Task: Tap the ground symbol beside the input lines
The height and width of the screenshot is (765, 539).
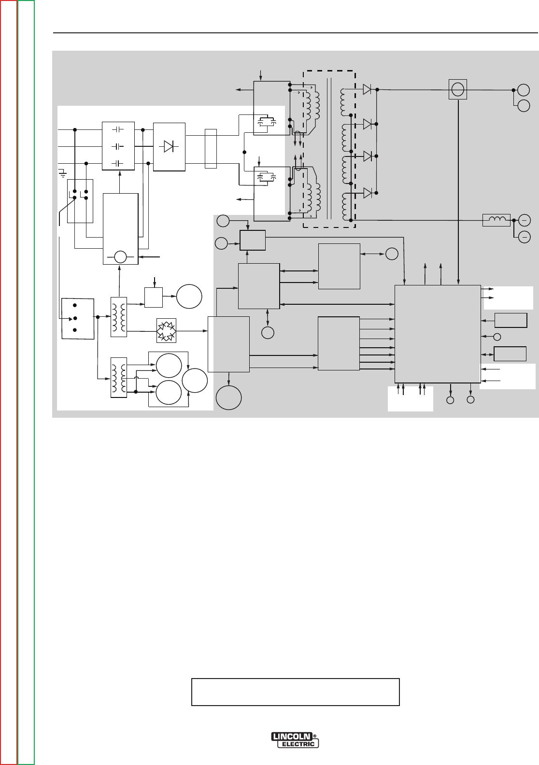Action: pos(62,171)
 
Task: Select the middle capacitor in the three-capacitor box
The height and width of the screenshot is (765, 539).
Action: pos(118,146)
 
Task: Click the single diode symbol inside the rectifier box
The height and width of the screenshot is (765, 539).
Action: pos(169,146)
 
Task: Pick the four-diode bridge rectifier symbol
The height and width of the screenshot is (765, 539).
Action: pos(167,331)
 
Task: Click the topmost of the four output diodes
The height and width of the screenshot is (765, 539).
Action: pos(368,89)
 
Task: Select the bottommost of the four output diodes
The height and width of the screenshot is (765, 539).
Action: pos(368,193)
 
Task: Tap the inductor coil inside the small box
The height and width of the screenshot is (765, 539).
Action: pos(496,220)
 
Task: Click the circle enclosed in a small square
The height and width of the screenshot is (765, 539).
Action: pos(457,90)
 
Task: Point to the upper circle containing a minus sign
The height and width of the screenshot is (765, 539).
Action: pos(524,219)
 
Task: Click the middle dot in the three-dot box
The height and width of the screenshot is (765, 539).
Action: pos(75,318)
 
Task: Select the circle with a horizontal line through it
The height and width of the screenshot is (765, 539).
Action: pos(120,257)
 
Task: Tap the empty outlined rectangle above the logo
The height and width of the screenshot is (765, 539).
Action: pos(295,692)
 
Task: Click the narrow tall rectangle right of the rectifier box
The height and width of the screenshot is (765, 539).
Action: pos(211,148)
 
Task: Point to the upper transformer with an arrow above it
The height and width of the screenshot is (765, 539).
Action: pos(118,316)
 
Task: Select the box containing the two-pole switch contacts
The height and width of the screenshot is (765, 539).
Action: pos(80,200)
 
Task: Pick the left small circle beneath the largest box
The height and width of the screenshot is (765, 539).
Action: pos(450,400)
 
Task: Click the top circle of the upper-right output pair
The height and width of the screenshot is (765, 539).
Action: pos(524,90)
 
